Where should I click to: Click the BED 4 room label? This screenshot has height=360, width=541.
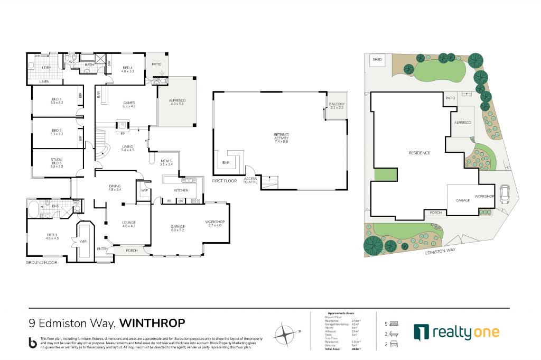point(128,69)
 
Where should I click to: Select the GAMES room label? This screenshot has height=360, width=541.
point(129,104)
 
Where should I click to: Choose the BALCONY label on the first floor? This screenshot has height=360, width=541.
point(337,106)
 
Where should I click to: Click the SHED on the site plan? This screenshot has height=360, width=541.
point(377,60)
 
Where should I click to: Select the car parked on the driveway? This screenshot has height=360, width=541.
point(504,196)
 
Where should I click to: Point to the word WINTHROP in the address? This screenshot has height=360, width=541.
point(152,323)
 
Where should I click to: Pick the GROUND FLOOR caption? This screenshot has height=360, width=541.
point(41,262)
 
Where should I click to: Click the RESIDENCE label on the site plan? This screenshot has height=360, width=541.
point(419,153)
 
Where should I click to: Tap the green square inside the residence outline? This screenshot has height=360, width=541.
point(385,174)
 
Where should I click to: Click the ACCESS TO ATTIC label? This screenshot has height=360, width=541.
point(250,180)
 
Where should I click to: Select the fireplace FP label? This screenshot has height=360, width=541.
point(123,134)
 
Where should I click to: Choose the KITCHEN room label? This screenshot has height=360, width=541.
point(182,190)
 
